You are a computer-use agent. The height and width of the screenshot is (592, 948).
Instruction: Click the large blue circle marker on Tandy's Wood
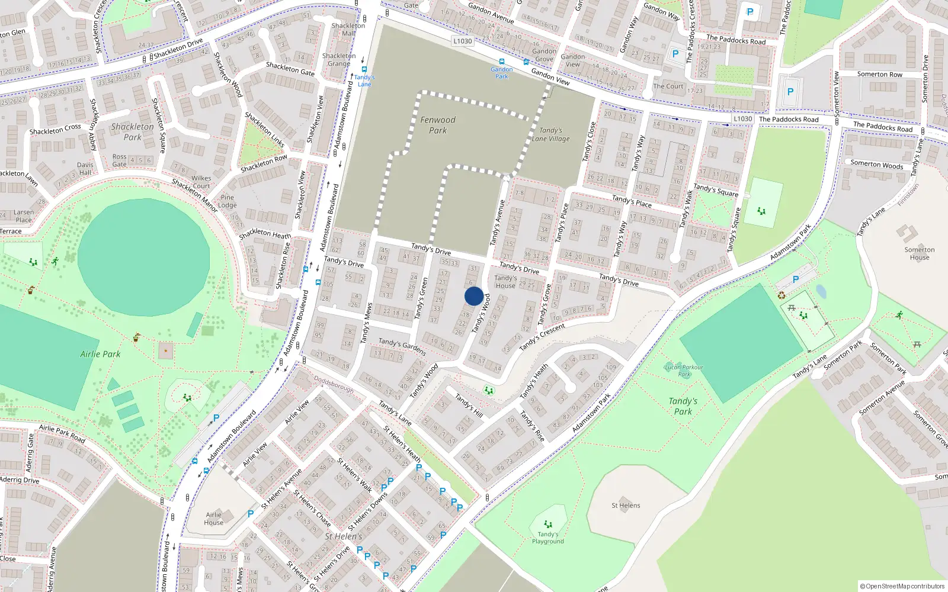click(474, 296)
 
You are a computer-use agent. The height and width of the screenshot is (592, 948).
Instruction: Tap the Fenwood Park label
click(438, 125)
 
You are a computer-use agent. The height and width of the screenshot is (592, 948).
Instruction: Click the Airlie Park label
click(100, 354)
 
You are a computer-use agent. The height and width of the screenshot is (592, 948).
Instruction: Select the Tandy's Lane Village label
click(550, 134)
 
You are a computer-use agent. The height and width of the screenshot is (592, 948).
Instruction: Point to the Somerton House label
click(920, 253)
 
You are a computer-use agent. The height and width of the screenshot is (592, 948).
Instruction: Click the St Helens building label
click(626, 506)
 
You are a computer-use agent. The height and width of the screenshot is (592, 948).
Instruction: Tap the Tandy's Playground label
click(548, 538)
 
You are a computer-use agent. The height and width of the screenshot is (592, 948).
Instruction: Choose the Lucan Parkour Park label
click(684, 371)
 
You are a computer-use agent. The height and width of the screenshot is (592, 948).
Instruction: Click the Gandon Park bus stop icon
click(502, 62)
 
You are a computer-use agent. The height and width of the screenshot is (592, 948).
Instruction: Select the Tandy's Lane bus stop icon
click(364, 69)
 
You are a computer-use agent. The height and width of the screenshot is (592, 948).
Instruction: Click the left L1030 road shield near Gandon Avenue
click(462, 41)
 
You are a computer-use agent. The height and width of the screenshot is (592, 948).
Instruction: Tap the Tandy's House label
click(505, 282)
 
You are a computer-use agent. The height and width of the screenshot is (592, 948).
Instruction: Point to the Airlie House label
click(214, 519)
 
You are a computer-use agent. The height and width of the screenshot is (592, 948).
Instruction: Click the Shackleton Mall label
click(348, 29)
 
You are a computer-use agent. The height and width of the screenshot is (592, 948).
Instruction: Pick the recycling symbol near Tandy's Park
click(782, 295)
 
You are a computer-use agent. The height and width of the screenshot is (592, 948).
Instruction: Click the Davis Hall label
click(85, 169)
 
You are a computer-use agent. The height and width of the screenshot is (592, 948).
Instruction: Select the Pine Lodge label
click(228, 201)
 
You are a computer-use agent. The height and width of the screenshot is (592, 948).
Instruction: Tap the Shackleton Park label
click(132, 131)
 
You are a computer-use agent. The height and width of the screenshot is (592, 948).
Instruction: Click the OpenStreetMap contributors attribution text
click(902, 586)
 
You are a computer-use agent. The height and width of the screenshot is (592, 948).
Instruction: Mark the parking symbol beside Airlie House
click(251, 514)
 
